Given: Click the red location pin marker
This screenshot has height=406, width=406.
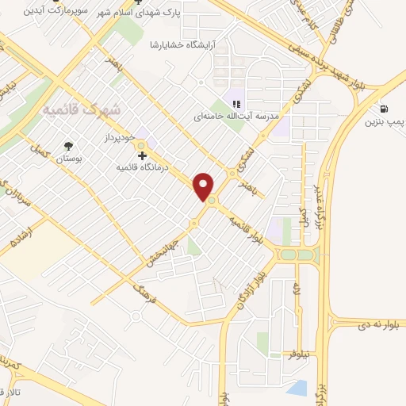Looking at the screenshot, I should tap(205, 186).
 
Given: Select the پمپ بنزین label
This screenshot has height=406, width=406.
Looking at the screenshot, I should tap(385, 123).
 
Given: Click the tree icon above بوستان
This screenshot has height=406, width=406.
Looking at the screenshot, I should tap(68, 146).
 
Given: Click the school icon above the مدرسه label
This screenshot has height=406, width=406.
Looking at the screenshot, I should tap(236, 103).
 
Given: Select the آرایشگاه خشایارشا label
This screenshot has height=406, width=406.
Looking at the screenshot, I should tap(188, 45).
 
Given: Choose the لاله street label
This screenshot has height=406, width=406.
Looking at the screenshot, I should tap(297, 290).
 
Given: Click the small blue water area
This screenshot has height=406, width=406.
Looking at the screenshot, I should tap(297, 388).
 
